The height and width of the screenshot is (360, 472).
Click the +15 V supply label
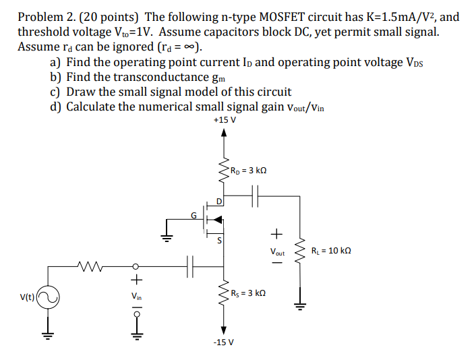(x=224, y=120)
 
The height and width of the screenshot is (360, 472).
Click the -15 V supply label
(x=223, y=342)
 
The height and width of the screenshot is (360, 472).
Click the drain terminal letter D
(x=219, y=200)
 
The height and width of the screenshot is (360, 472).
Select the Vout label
(x=277, y=252)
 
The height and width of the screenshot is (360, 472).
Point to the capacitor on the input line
(x=191, y=266)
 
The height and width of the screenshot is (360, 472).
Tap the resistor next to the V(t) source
(x=89, y=266)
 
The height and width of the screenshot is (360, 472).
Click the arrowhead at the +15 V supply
(x=224, y=133)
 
